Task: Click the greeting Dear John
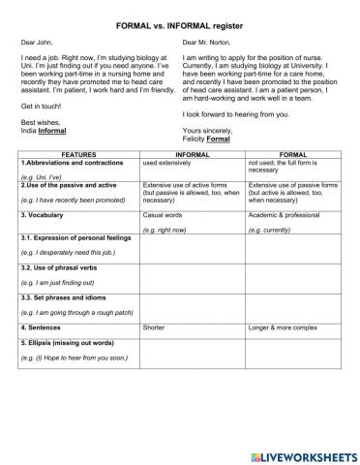click(38, 43)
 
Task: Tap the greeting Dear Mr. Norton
click(207, 43)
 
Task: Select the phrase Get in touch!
click(40, 105)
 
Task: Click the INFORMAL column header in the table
click(193, 154)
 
